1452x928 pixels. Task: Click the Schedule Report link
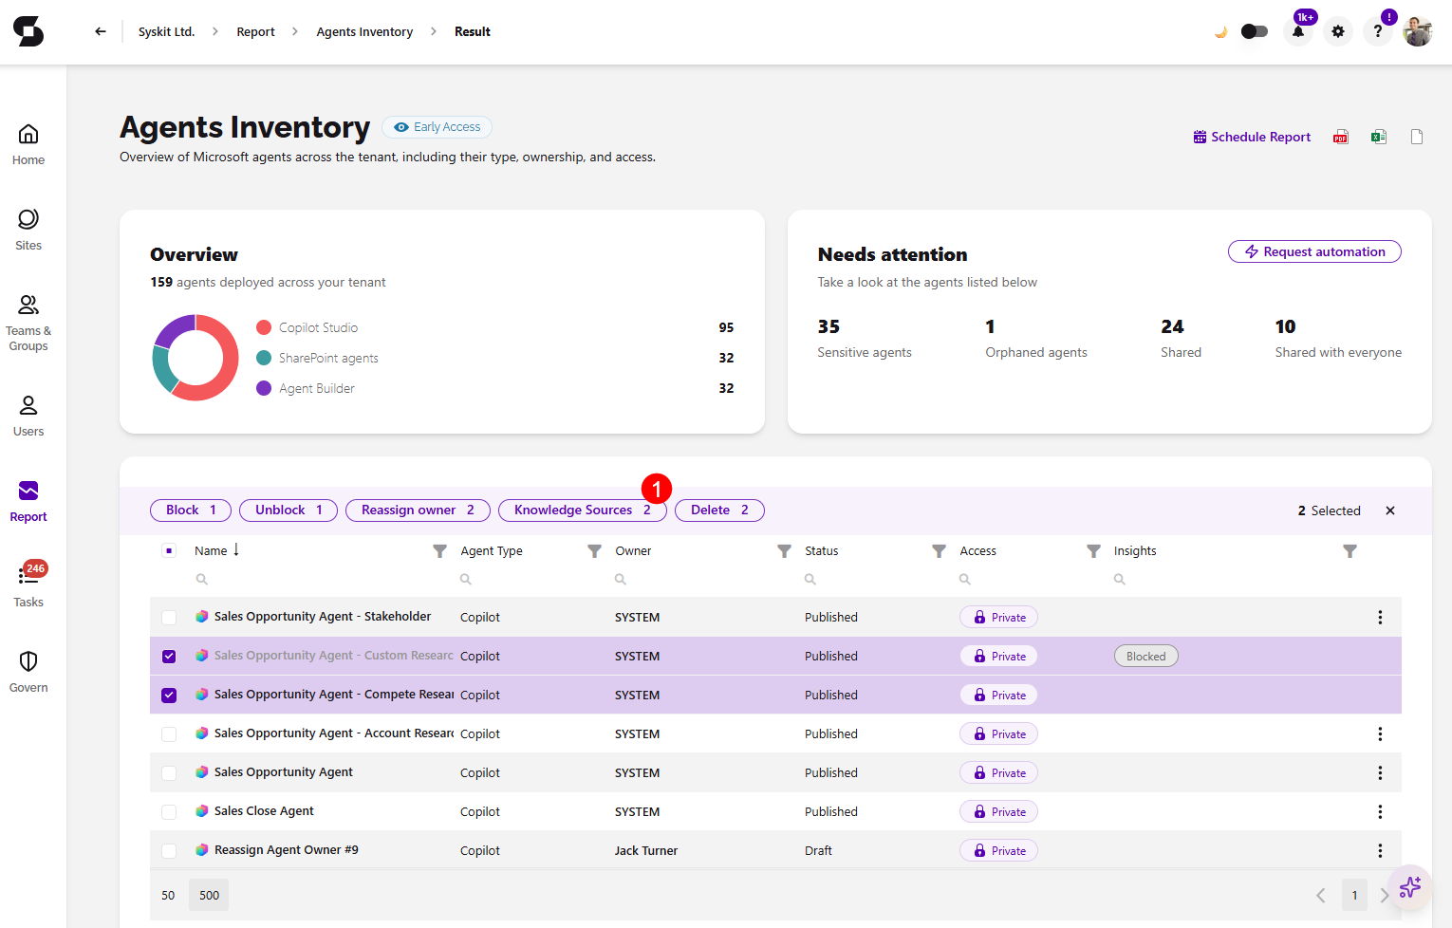[1252, 137]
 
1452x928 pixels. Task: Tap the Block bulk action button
[191, 510]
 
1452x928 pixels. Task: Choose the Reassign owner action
[418, 510]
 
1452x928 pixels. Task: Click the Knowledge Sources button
[582, 510]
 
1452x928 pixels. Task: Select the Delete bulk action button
[719, 510]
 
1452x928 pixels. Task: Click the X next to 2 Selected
[1389, 510]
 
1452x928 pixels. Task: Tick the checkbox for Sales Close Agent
[169, 811]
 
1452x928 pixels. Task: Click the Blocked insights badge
[1145, 656]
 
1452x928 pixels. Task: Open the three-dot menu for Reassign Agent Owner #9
[1380, 850]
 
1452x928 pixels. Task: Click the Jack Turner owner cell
[645, 850]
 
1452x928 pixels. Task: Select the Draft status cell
[818, 850]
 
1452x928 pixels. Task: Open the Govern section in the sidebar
[28, 672]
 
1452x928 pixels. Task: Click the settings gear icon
[1338, 31]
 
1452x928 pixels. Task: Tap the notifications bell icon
[1297, 31]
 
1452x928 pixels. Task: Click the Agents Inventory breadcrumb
[364, 31]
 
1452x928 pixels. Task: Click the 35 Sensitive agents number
[828, 326]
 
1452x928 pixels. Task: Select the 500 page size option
[209, 895]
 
